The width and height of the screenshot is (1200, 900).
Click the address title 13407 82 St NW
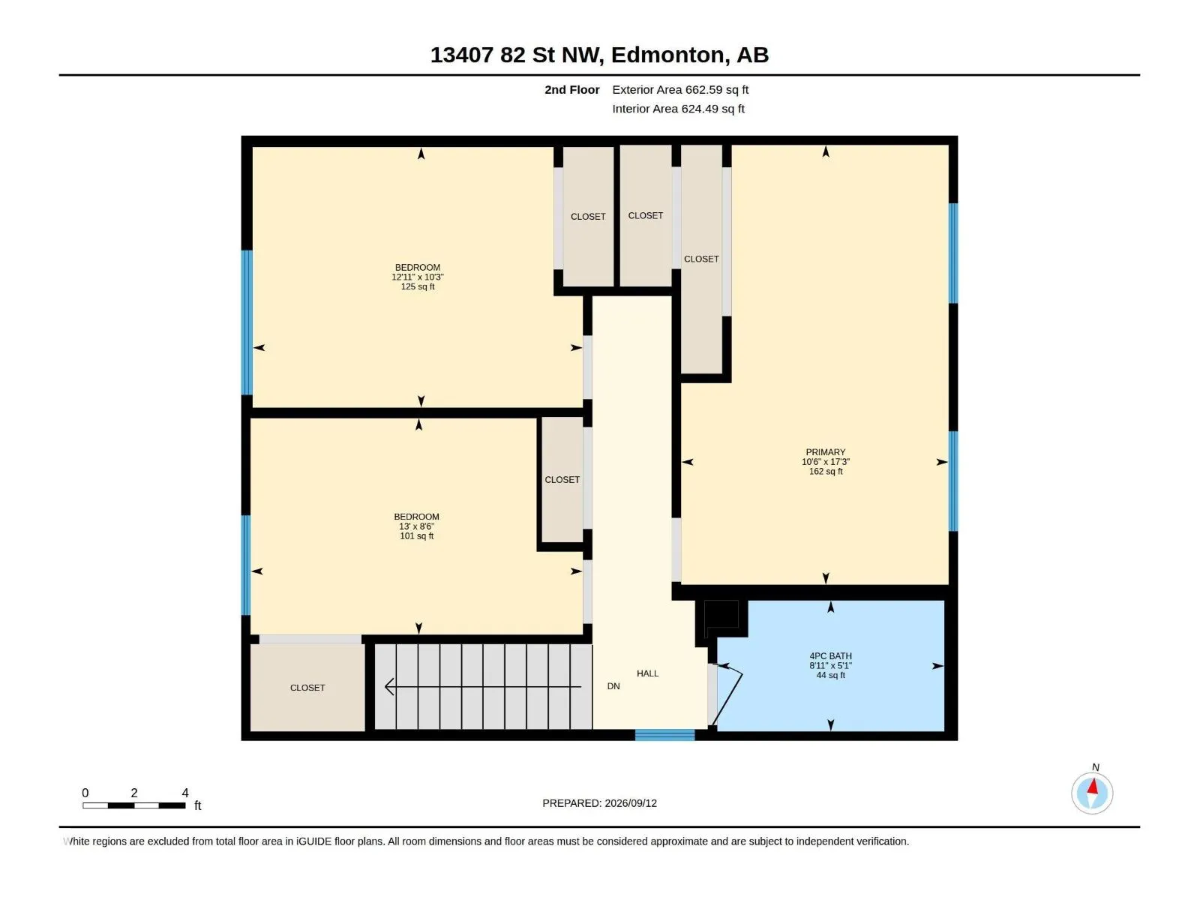click(x=517, y=55)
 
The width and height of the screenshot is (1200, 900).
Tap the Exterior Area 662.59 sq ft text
click(x=680, y=89)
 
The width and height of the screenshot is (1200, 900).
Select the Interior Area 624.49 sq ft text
click(x=678, y=109)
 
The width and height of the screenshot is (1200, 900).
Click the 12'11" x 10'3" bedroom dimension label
click(x=418, y=277)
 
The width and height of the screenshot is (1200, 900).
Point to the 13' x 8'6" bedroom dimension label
click(x=416, y=526)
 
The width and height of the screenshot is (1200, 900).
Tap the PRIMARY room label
click(x=826, y=452)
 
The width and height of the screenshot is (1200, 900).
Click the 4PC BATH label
click(x=830, y=655)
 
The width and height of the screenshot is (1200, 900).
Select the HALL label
click(x=647, y=673)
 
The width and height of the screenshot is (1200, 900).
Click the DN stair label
click(x=613, y=685)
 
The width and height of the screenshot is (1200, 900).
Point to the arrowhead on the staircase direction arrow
click(x=389, y=686)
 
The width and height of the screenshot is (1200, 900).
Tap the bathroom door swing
click(x=727, y=694)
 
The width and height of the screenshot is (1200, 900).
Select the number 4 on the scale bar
click(x=185, y=792)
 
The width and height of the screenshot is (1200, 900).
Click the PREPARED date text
click(x=600, y=802)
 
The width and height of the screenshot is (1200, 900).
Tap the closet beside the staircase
click(x=307, y=688)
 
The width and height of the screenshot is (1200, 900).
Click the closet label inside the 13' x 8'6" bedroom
click(x=562, y=479)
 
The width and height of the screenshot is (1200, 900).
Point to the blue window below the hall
click(x=664, y=735)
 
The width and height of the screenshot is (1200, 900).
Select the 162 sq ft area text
click(x=826, y=471)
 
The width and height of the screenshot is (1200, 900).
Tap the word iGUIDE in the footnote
click(x=313, y=841)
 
